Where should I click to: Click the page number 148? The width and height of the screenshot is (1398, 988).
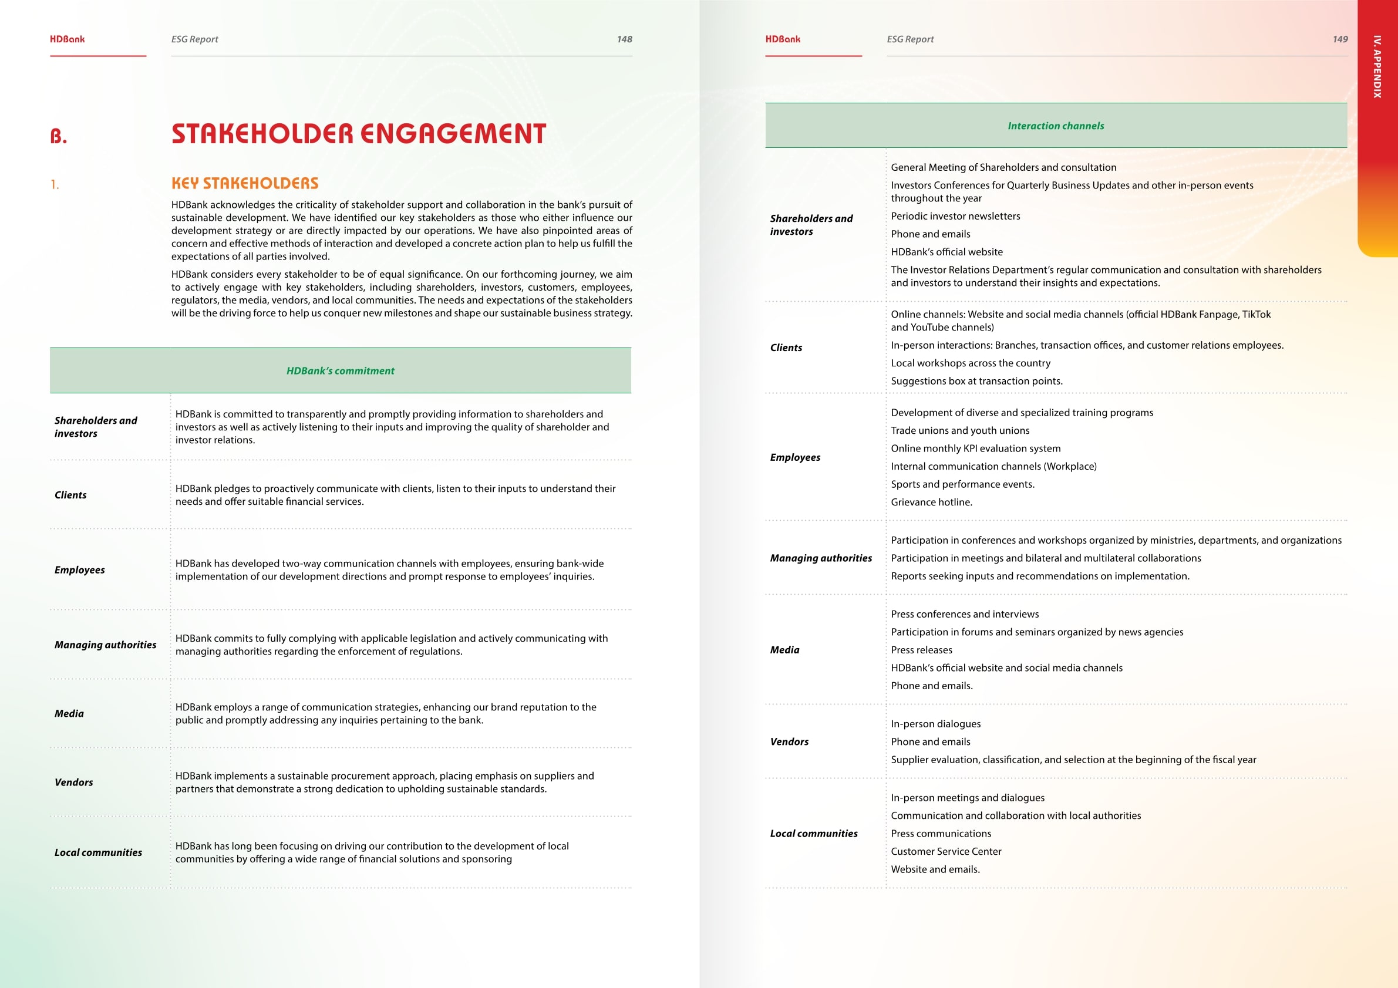click(x=624, y=39)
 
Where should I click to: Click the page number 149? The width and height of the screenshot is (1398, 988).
click(x=1339, y=39)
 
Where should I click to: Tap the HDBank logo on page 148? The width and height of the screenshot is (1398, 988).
click(x=67, y=39)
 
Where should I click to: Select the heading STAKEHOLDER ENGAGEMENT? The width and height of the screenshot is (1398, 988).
click(x=359, y=134)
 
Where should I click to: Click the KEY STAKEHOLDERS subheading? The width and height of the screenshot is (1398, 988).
click(x=245, y=184)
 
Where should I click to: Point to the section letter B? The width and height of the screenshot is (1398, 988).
click(x=59, y=136)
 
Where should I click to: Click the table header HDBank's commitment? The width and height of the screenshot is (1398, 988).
click(x=341, y=371)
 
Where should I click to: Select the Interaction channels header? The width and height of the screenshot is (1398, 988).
click(x=1055, y=126)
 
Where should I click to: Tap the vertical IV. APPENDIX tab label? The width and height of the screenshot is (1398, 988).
click(x=1377, y=67)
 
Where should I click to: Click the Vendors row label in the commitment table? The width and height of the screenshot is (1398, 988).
click(x=73, y=783)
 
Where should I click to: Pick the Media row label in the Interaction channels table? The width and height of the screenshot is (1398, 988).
click(x=784, y=650)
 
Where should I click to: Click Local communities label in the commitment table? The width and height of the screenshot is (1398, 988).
click(x=98, y=852)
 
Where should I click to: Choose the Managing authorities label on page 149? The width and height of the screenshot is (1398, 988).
click(x=820, y=558)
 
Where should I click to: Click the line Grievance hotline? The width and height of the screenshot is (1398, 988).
click(x=931, y=502)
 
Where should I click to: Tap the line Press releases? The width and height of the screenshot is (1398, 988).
click(x=921, y=650)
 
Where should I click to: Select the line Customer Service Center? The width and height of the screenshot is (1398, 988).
click(x=945, y=852)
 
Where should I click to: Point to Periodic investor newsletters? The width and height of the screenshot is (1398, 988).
click(x=955, y=216)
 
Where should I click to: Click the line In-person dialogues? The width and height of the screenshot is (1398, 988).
click(x=935, y=724)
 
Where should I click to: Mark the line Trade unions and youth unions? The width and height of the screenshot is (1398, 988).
click(x=959, y=430)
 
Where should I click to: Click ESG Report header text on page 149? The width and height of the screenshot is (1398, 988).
click(x=909, y=39)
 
